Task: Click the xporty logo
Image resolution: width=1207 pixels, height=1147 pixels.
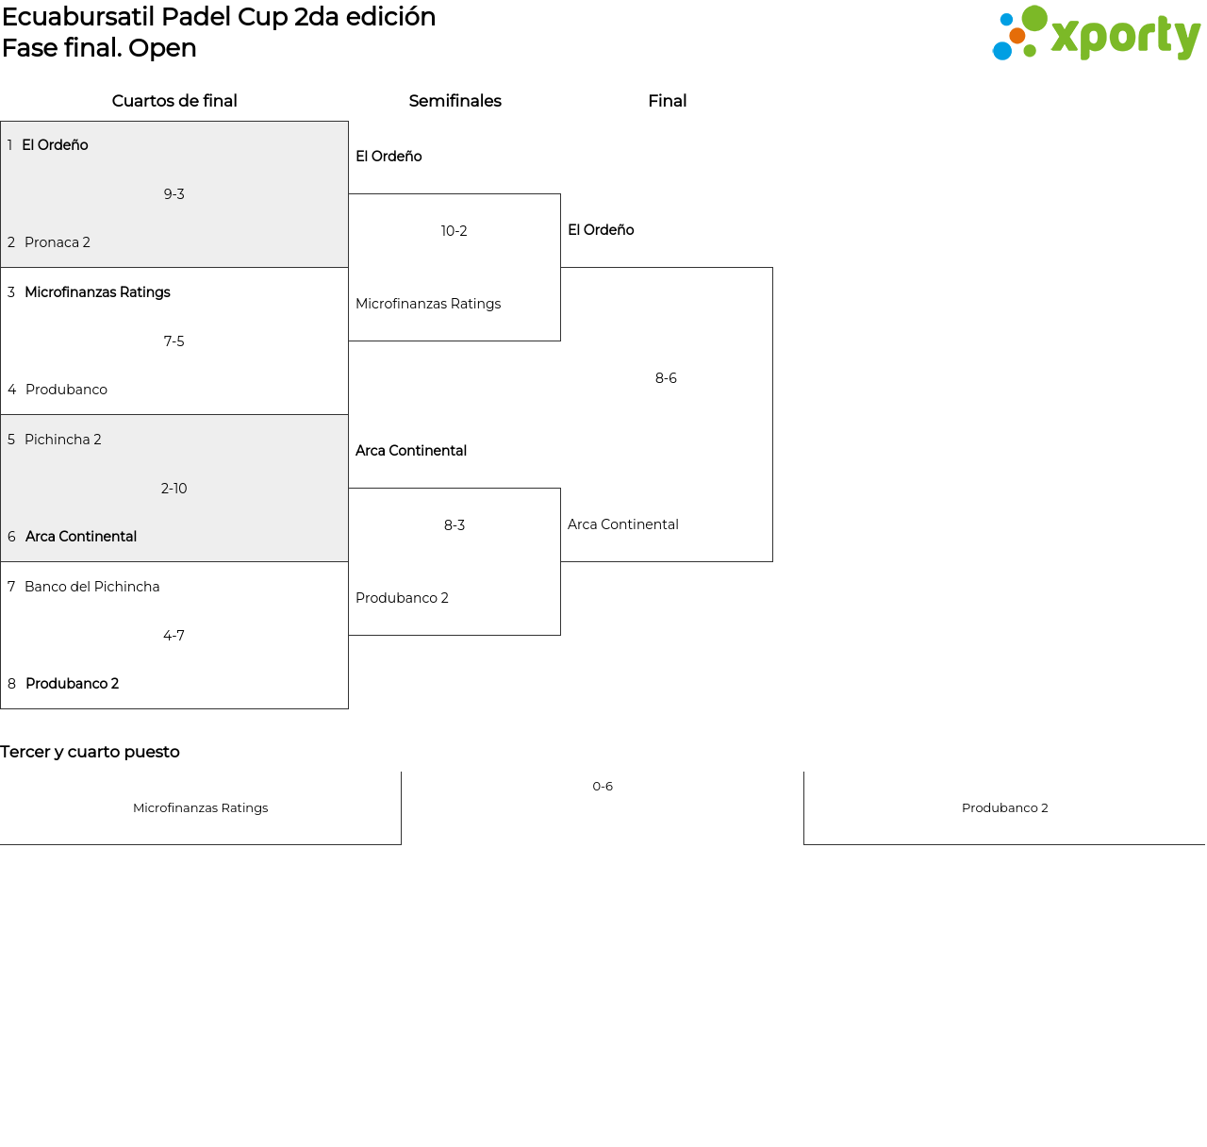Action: (1097, 33)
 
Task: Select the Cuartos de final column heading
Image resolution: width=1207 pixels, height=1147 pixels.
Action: (174, 101)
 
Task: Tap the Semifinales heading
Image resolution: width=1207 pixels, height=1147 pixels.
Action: (455, 101)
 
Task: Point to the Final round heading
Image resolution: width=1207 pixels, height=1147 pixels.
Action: (668, 101)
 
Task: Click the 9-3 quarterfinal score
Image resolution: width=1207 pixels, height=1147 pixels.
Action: (174, 194)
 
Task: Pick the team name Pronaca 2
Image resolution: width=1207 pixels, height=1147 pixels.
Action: (58, 242)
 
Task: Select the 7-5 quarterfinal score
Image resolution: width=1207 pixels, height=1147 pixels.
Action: (174, 341)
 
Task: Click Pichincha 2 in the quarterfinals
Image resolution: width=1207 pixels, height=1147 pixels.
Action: (62, 440)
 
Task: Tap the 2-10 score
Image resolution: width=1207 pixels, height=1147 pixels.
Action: (174, 489)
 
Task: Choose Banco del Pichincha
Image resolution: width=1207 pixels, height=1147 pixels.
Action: (92, 587)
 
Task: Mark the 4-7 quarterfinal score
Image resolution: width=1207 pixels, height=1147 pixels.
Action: (174, 635)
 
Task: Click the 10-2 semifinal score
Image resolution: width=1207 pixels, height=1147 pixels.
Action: (454, 231)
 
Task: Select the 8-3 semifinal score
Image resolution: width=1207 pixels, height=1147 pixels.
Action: (455, 525)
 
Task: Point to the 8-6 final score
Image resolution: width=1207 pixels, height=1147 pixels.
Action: (666, 378)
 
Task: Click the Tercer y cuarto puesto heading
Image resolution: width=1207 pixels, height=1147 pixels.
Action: (90, 752)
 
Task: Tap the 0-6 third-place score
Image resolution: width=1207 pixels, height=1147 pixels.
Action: (603, 787)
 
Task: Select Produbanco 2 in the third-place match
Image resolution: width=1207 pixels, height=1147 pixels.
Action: (1004, 807)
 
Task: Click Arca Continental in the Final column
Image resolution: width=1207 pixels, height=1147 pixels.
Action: (622, 524)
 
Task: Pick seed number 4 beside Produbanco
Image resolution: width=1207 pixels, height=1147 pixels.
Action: (11, 390)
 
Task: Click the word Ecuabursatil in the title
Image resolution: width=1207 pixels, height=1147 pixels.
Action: (78, 17)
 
